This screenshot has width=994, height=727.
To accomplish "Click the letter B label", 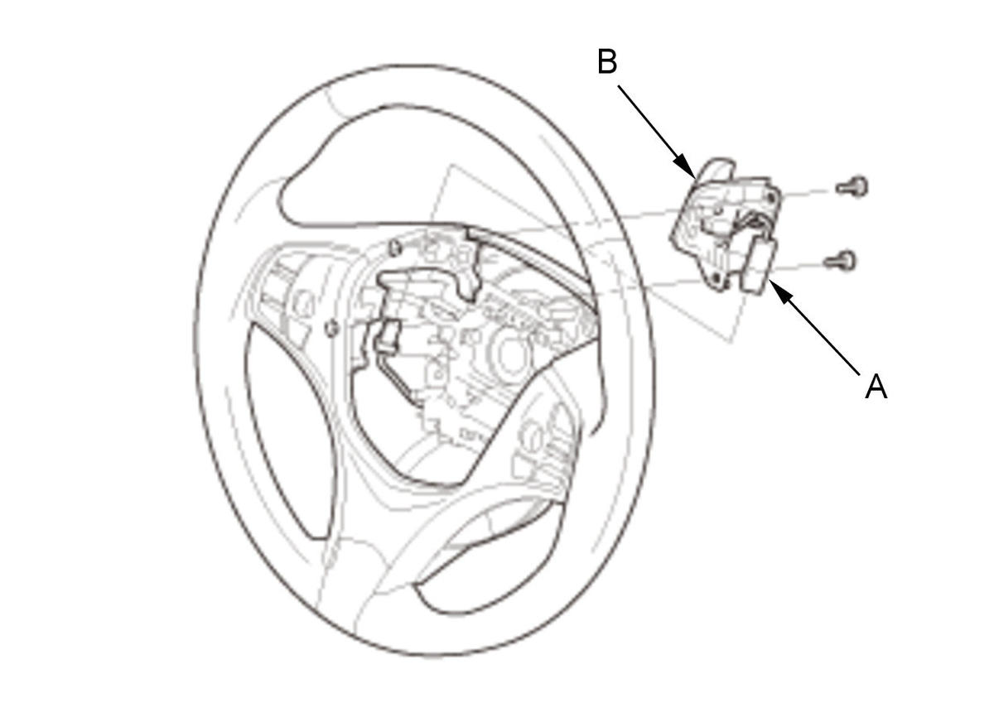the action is tap(607, 61).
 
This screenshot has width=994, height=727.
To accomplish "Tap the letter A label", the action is tap(876, 387).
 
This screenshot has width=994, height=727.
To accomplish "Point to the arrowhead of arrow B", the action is tap(686, 167).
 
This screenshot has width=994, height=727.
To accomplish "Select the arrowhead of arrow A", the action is tap(782, 293).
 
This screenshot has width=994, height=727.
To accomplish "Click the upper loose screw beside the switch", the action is tap(852, 187).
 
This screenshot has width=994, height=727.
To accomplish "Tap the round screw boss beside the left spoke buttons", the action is tap(331, 329).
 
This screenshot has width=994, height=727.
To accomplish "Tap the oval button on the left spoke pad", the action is tap(303, 303).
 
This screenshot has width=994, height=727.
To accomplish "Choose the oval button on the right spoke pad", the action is tap(532, 431).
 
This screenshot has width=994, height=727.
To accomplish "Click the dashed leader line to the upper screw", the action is tap(804, 192).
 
